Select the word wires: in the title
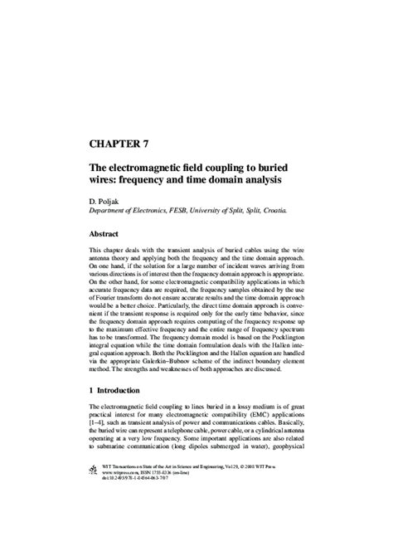(106, 179)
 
